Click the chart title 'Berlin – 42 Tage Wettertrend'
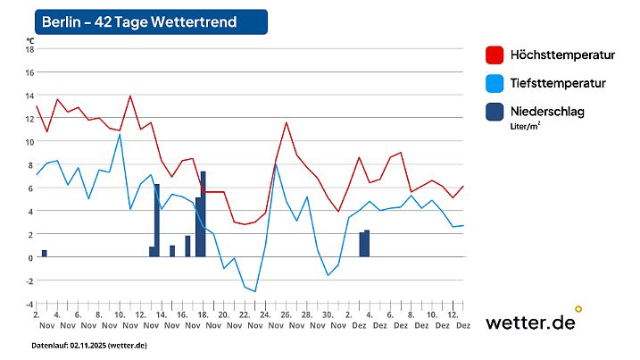(x=139, y=21)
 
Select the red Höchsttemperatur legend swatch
(x=495, y=54)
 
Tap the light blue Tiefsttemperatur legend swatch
(x=495, y=83)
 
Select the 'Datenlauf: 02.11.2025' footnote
(x=89, y=345)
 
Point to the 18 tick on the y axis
(x=29, y=49)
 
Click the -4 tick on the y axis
(x=29, y=304)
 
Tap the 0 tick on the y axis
(x=29, y=257)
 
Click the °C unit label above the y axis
(x=30, y=40)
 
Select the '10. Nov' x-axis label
(x=120, y=320)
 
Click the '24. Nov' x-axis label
(x=264, y=320)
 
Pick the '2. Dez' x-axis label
(x=360, y=320)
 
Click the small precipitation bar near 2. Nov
(x=45, y=254)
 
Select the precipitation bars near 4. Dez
(x=364, y=244)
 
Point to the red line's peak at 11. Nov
(x=130, y=96)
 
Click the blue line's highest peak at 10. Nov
(x=120, y=134)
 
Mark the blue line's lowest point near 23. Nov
(x=254, y=291)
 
